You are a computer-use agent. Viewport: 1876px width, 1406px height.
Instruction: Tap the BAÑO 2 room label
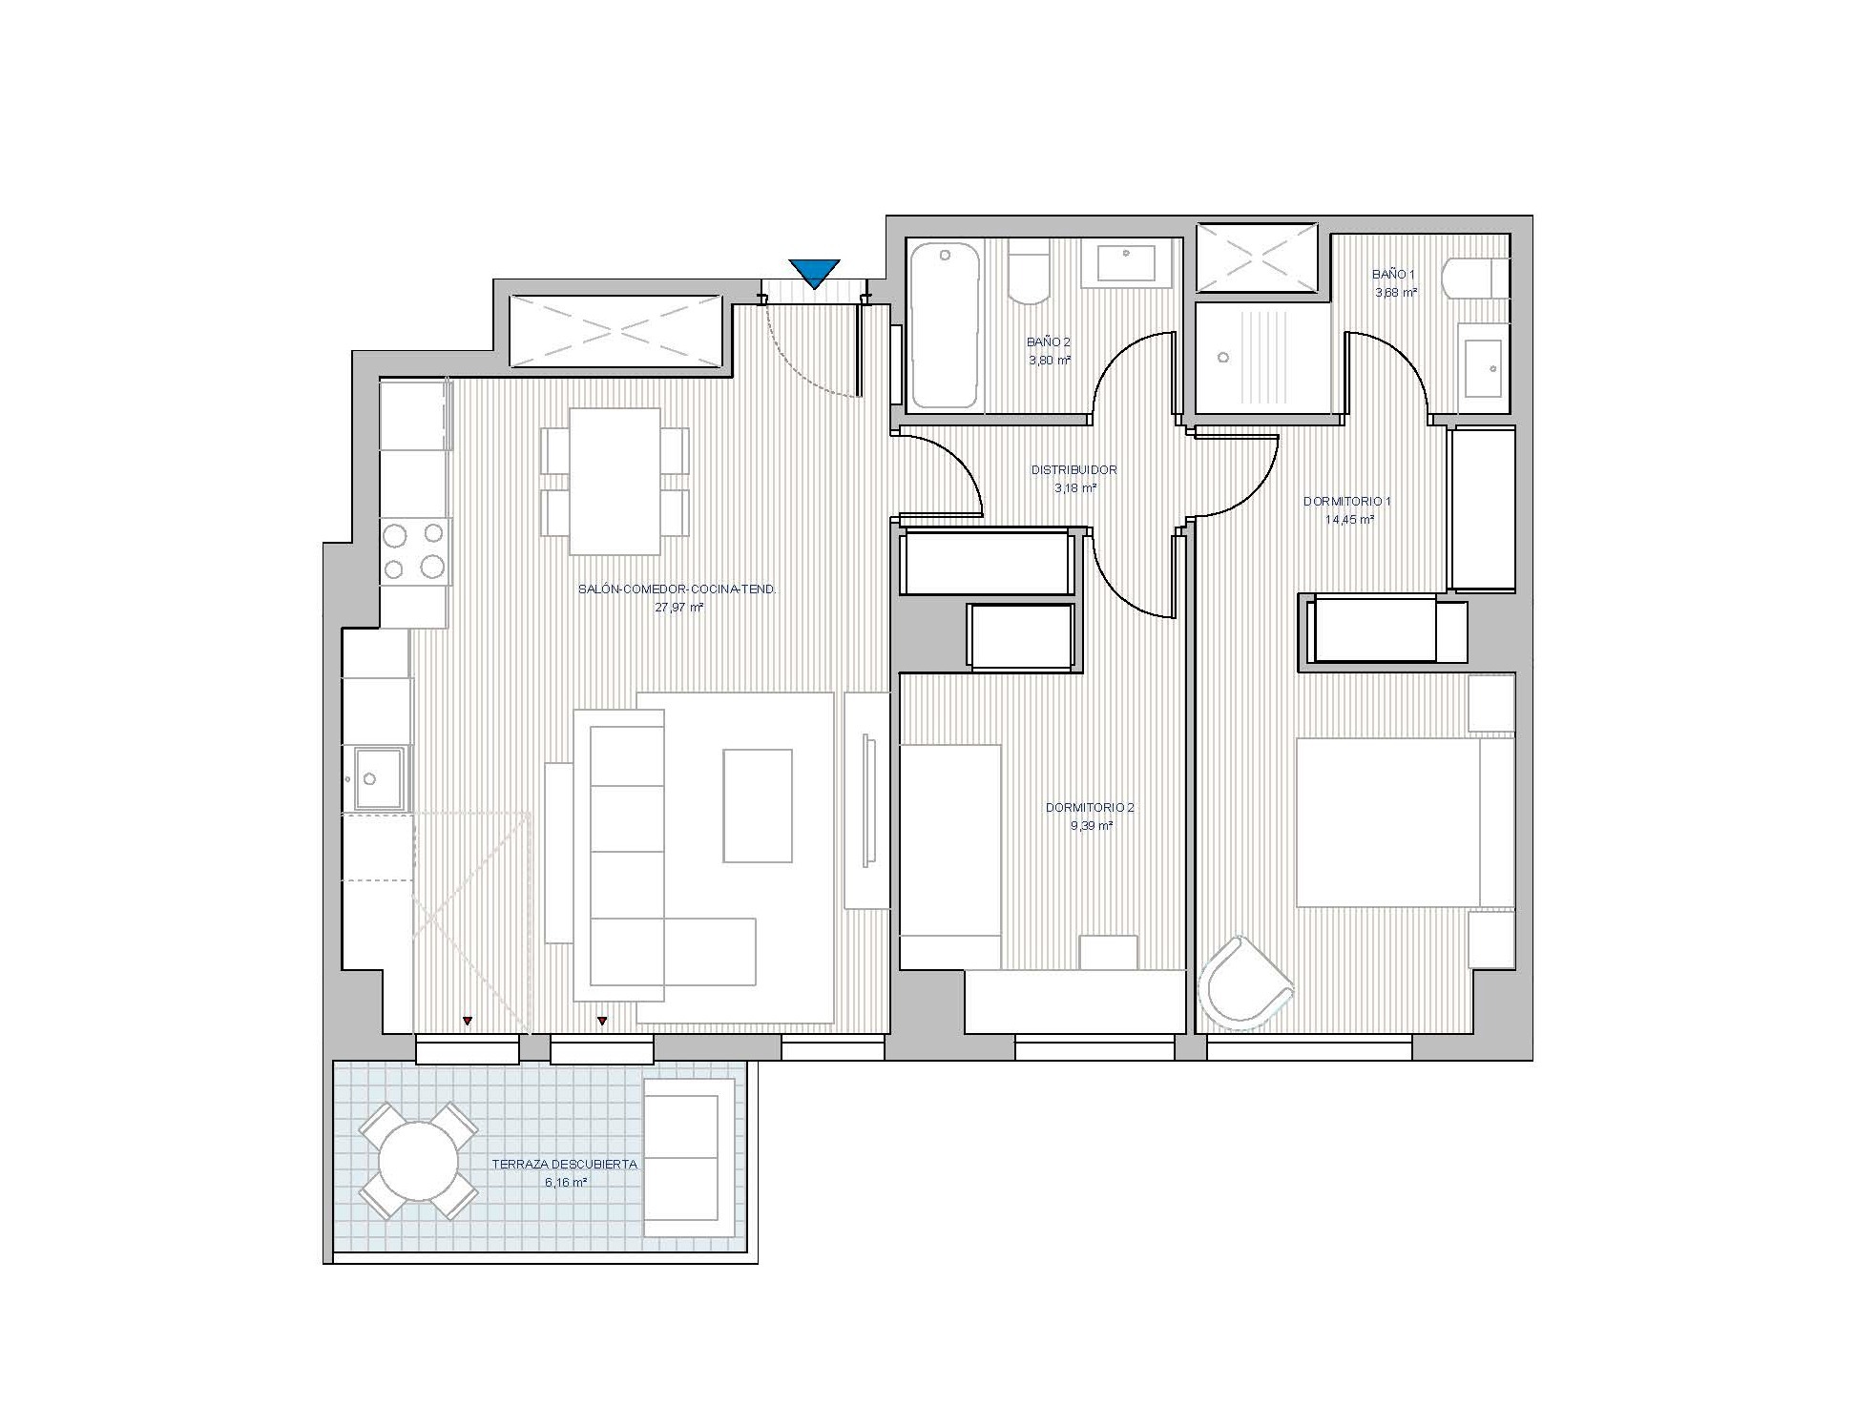click(1049, 341)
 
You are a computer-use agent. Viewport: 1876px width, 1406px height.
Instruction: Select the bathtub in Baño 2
click(945, 325)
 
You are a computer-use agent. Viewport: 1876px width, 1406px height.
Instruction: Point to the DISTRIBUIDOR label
click(1073, 470)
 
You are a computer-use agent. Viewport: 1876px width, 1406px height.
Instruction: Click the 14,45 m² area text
click(1349, 520)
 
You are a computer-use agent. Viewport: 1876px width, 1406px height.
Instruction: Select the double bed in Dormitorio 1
click(1405, 822)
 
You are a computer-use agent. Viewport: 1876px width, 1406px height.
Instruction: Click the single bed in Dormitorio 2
click(950, 857)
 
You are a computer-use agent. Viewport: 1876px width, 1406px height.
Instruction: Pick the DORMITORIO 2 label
click(1090, 808)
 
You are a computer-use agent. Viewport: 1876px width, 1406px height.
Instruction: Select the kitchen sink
click(378, 778)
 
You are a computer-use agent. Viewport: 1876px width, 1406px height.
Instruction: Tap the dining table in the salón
click(615, 482)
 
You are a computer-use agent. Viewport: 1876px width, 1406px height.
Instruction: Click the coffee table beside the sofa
click(758, 806)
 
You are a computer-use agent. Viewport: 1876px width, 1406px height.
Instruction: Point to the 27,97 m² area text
click(679, 608)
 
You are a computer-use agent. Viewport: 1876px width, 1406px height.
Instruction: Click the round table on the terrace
click(418, 1161)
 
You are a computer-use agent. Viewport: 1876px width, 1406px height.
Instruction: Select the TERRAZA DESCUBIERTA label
click(565, 1165)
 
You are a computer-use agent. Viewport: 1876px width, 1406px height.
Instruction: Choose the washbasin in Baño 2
click(1128, 263)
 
